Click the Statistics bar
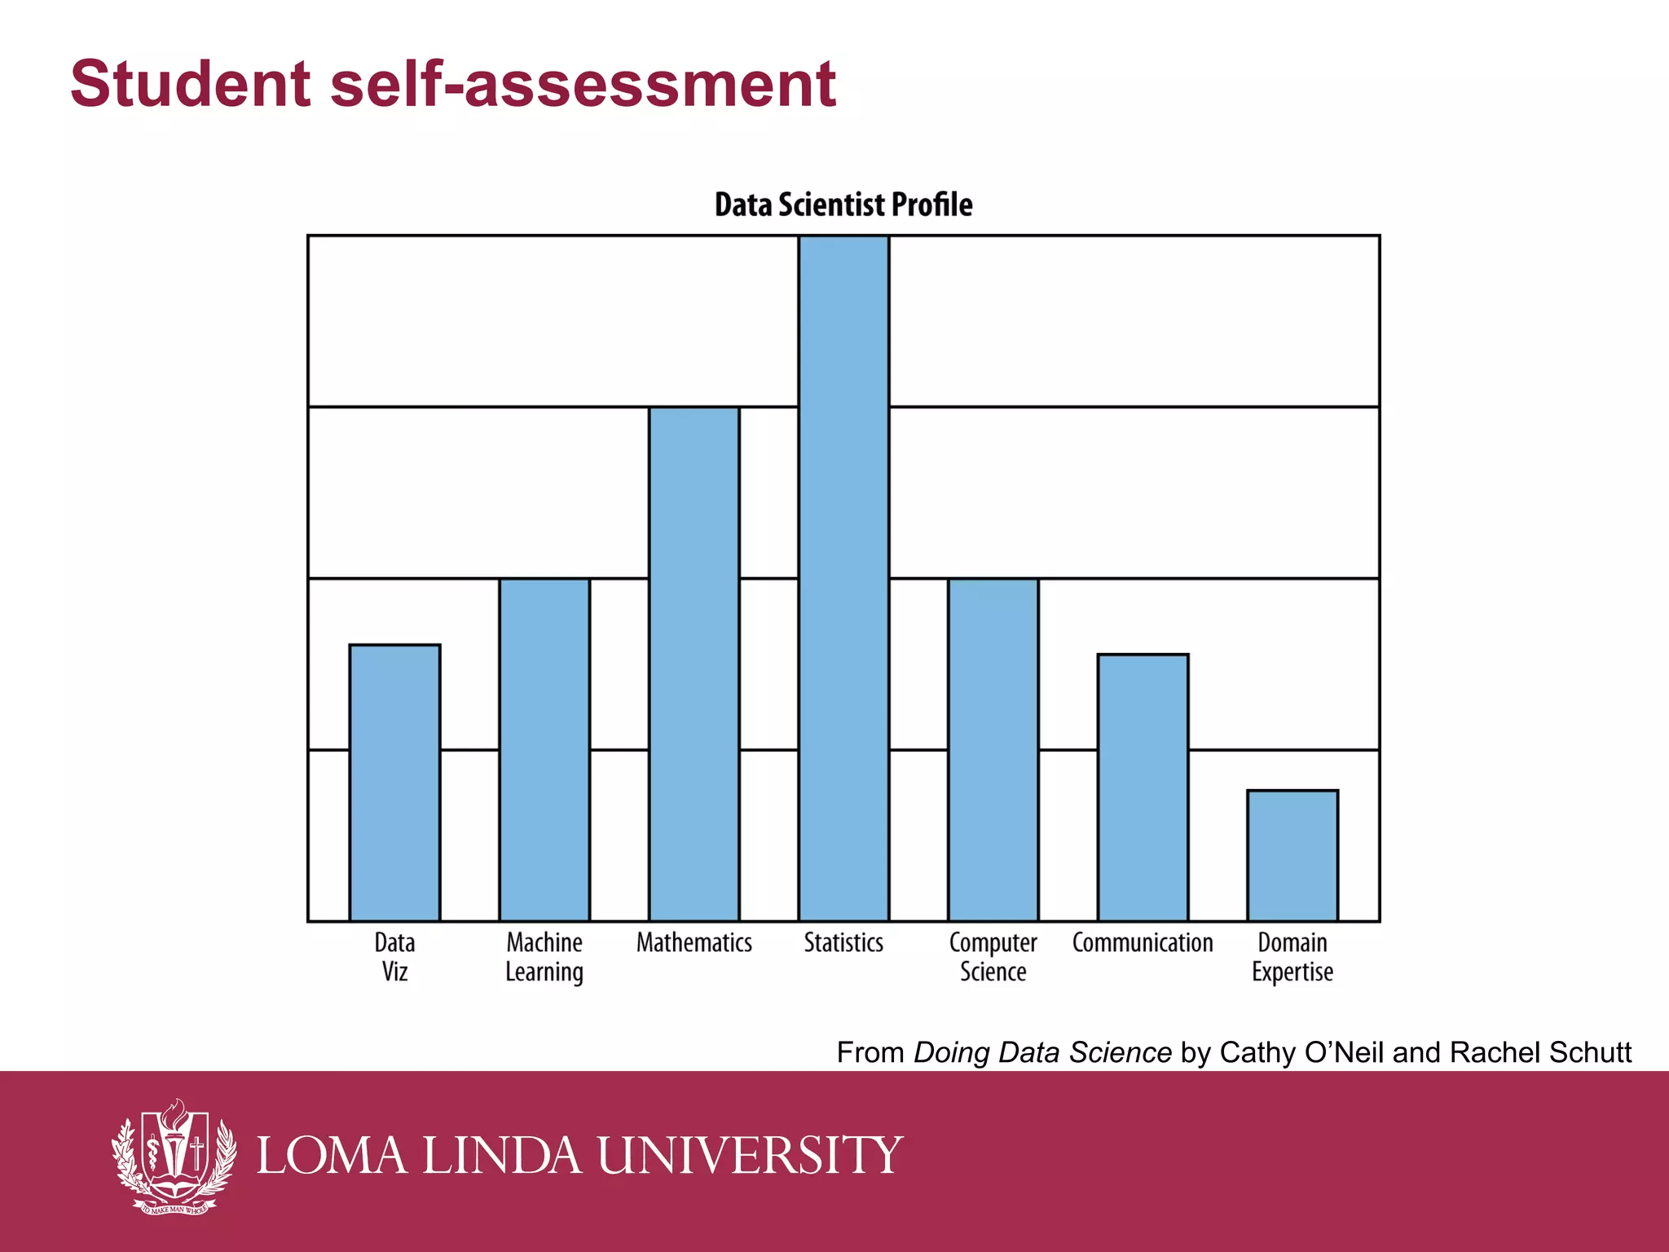[x=843, y=579]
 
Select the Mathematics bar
[x=694, y=664]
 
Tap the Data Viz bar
[x=394, y=782]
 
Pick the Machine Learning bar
[x=544, y=750]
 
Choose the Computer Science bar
[x=993, y=750]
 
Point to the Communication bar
[x=1143, y=787]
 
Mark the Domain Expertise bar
[x=1292, y=856]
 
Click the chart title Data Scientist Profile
[x=843, y=205]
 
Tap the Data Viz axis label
[x=394, y=957]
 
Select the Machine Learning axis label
[x=544, y=957]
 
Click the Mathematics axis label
[x=694, y=943]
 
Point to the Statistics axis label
[x=843, y=943]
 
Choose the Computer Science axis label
[x=993, y=957]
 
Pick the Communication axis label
[x=1143, y=943]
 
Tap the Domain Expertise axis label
[x=1292, y=957]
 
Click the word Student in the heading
[x=191, y=84]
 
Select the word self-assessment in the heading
[x=583, y=84]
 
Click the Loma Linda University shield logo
[x=174, y=1156]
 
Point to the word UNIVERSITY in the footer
[x=750, y=1156]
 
